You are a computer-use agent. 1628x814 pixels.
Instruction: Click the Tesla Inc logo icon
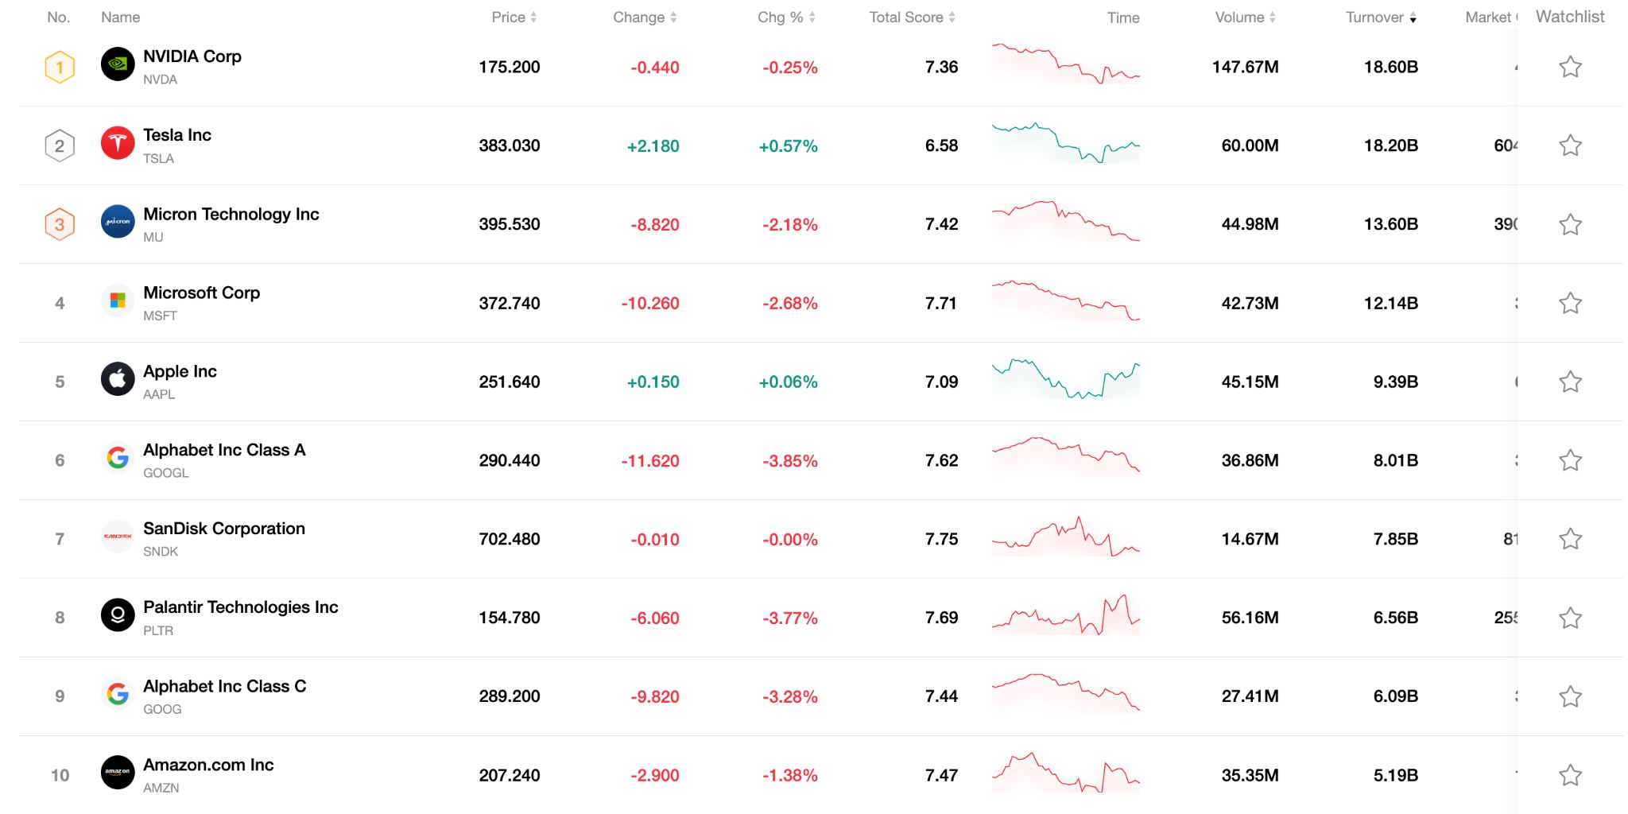click(x=118, y=144)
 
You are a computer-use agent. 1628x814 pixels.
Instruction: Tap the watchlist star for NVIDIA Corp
click(x=1569, y=67)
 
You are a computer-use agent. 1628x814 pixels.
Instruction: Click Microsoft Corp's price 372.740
click(x=509, y=303)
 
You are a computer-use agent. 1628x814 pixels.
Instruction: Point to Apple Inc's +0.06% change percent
click(x=788, y=382)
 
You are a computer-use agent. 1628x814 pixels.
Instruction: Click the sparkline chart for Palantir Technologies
click(x=1065, y=616)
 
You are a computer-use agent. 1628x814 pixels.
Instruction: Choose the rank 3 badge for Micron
click(x=60, y=224)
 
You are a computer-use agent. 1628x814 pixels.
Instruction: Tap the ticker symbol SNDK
click(x=161, y=552)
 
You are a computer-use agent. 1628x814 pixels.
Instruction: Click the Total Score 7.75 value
click(x=941, y=539)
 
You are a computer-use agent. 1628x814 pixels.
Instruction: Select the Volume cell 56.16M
click(x=1249, y=618)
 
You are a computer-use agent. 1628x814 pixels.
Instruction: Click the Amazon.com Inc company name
click(x=208, y=765)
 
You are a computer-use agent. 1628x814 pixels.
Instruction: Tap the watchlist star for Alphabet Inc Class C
click(x=1569, y=696)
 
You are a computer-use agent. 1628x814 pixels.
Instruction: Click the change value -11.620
click(x=649, y=460)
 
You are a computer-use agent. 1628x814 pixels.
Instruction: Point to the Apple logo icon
click(x=118, y=379)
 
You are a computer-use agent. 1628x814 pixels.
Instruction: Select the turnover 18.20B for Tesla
click(x=1390, y=145)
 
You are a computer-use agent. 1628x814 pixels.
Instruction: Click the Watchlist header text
click(x=1569, y=17)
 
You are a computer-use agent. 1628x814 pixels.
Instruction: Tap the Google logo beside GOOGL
click(x=118, y=457)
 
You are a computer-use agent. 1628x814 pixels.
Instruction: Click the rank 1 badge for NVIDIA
click(x=60, y=67)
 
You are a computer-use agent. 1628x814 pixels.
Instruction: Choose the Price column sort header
click(x=514, y=17)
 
